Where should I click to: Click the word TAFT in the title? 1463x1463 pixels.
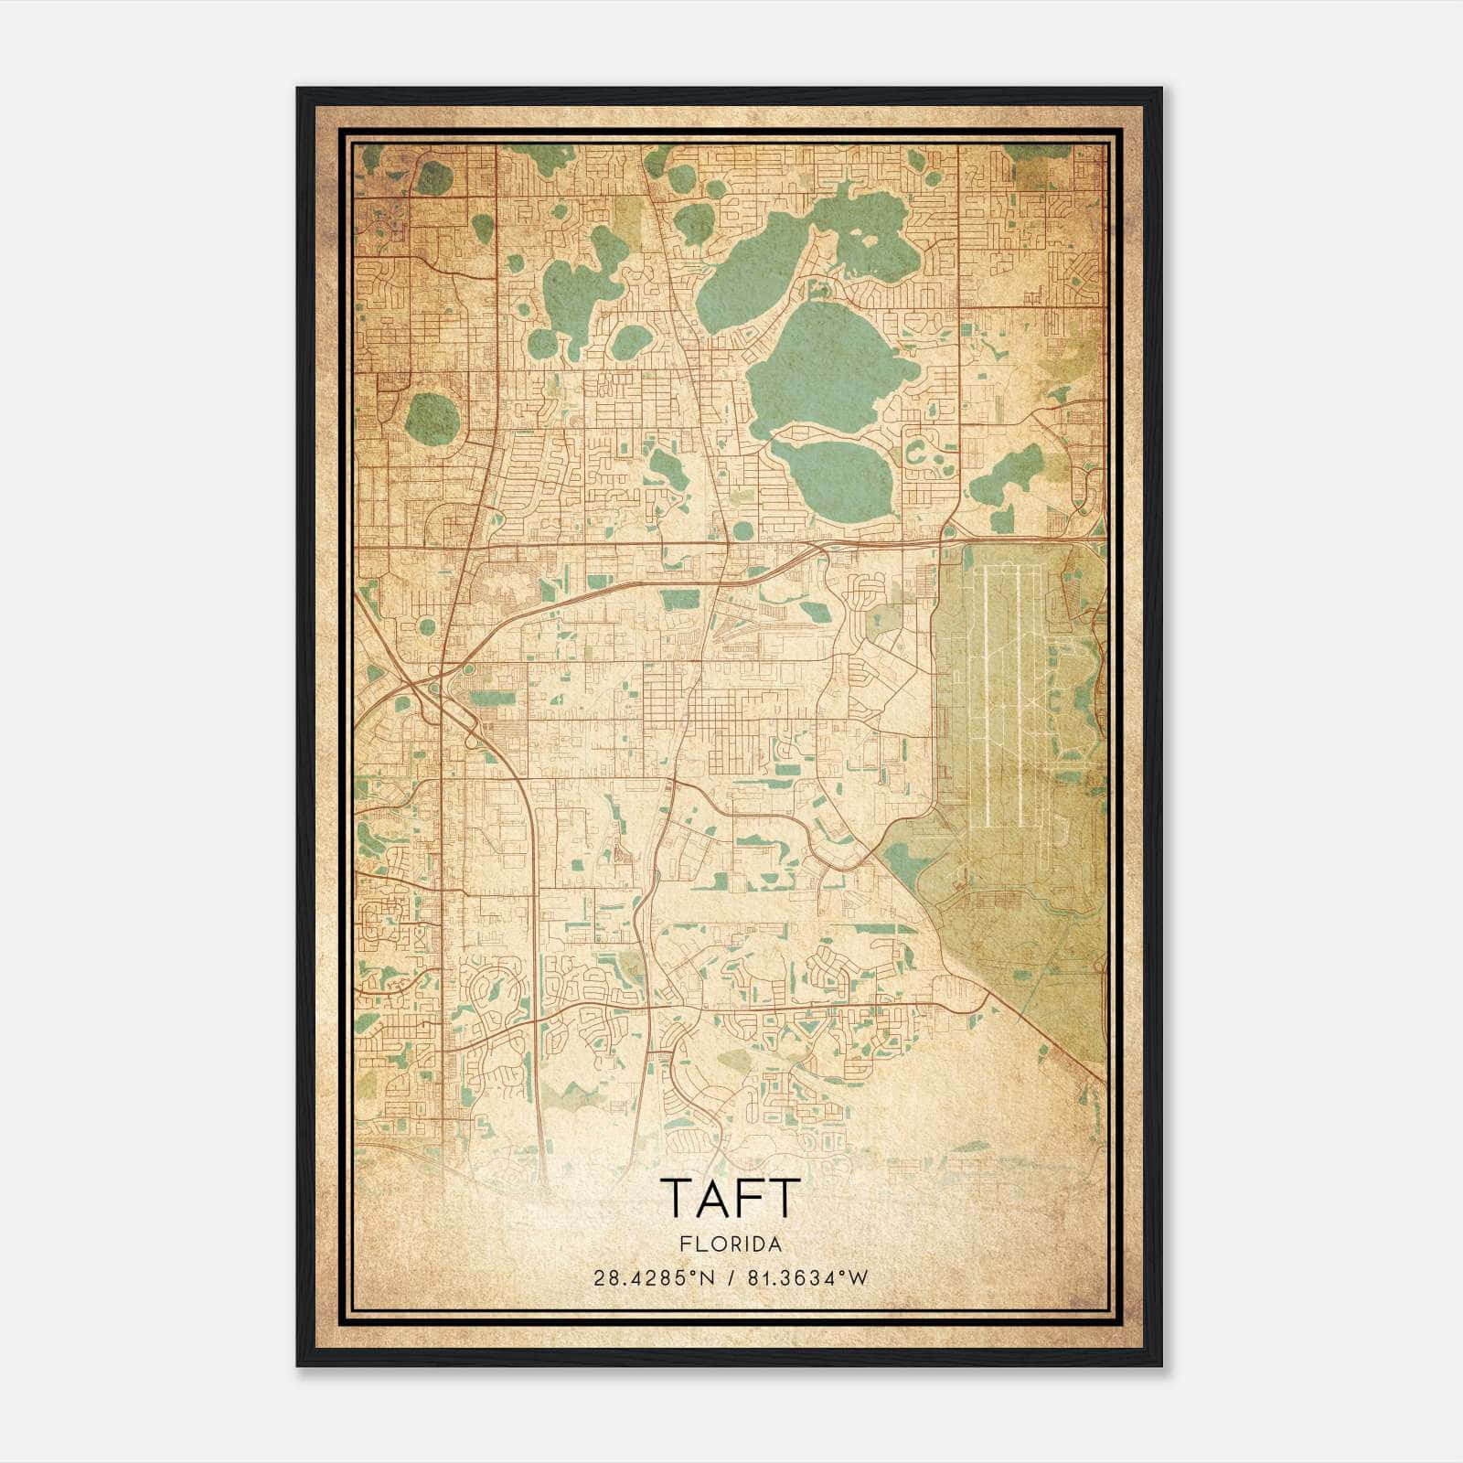point(730,1198)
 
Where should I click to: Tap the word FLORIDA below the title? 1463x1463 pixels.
point(730,1244)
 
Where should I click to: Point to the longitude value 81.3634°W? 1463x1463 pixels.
point(806,1278)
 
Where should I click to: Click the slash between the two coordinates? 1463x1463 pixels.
point(731,1278)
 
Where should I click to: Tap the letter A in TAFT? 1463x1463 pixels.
point(710,1198)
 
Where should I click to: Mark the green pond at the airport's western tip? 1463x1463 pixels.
point(904,860)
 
